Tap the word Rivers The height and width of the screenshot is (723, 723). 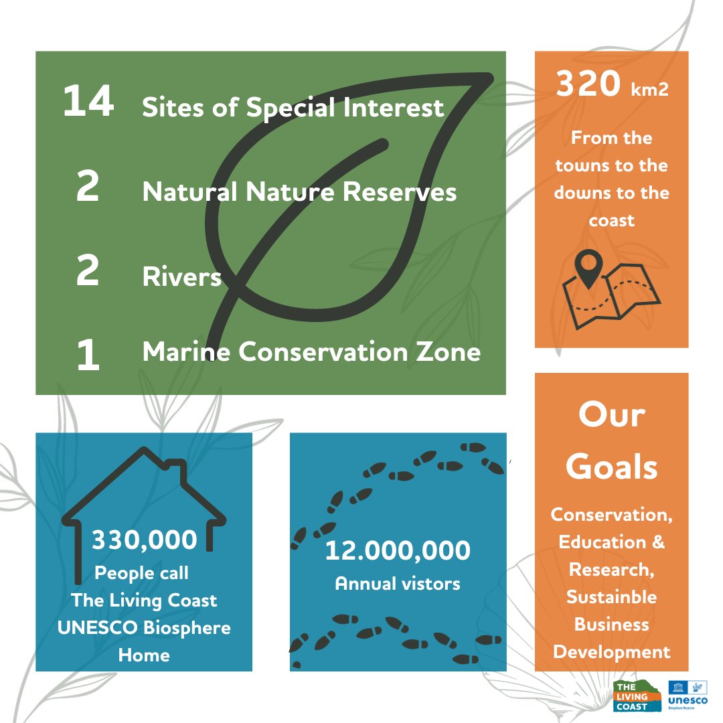click(x=181, y=276)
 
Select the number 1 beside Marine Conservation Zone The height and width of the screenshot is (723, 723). click(x=88, y=355)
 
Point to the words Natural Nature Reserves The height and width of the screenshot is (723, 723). click(x=299, y=193)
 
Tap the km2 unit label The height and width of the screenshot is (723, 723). click(x=649, y=90)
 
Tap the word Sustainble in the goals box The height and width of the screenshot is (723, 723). click(x=611, y=596)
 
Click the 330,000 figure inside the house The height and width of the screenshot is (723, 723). click(x=145, y=540)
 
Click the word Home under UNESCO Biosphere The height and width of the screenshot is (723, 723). click(x=144, y=655)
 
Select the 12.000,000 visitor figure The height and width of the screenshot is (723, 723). click(x=398, y=551)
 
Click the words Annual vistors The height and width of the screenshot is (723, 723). click(x=398, y=583)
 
